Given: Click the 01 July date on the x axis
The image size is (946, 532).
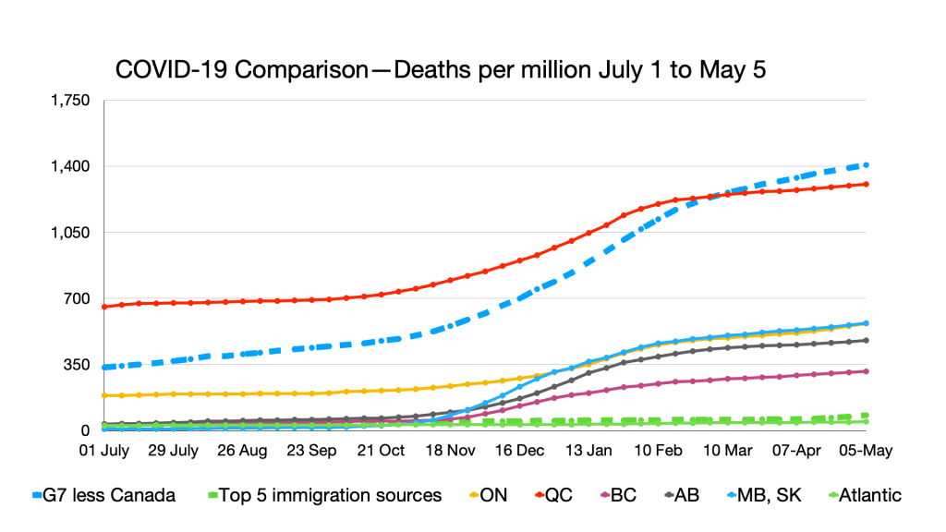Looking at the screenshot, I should pos(104,451).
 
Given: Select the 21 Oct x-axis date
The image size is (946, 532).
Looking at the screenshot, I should pos(381,451).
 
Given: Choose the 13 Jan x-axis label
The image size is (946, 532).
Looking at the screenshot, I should pos(588,451).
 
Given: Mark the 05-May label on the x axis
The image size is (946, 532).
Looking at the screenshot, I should pos(865,451).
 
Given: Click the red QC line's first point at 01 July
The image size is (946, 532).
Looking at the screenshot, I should pos(104,307).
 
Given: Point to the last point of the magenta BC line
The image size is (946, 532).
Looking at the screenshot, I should pos(865,371).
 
